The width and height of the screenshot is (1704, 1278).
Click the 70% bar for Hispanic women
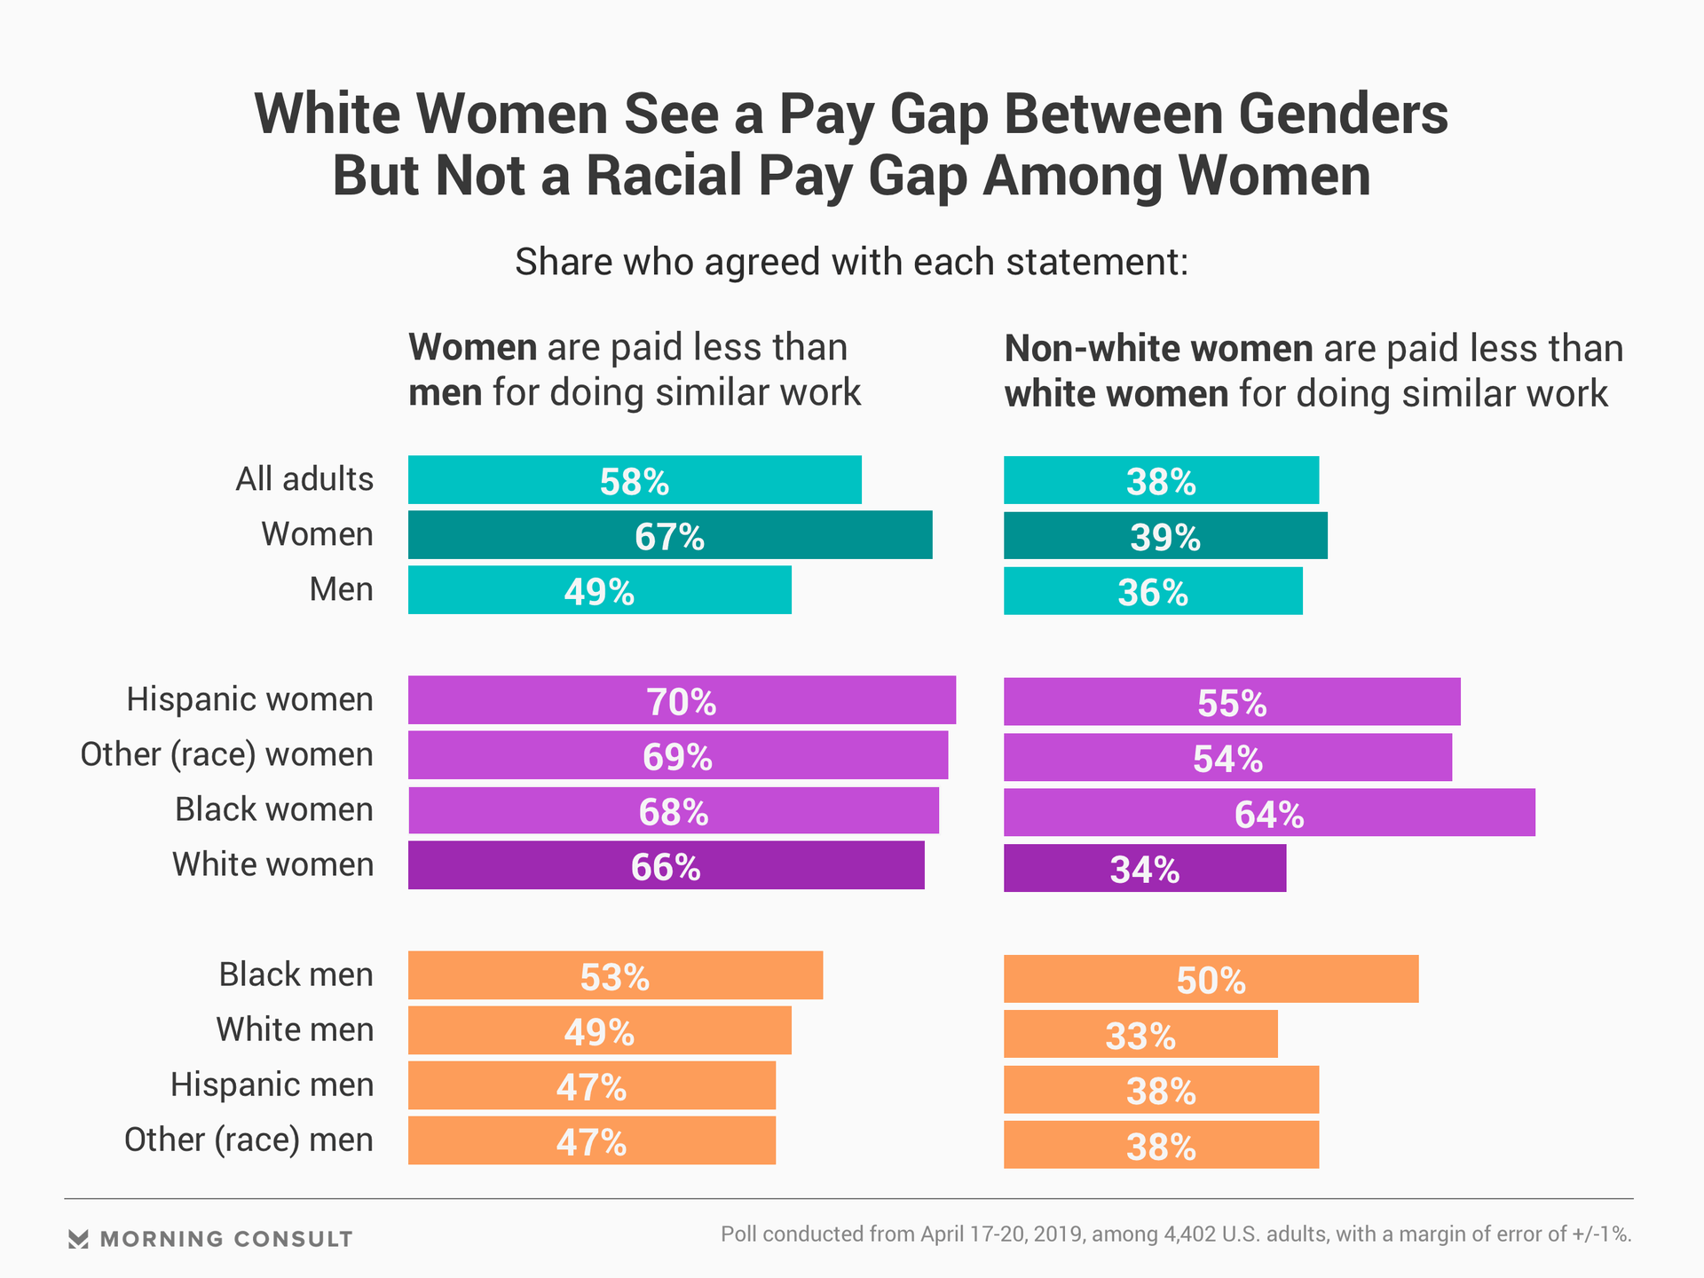point(682,700)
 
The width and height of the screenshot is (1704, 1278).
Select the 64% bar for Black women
point(1269,812)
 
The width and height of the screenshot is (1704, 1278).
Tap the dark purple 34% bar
point(1144,868)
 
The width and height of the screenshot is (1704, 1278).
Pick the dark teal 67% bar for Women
point(670,535)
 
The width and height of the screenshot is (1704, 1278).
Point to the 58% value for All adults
point(635,481)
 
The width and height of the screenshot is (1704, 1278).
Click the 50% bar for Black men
point(1211,979)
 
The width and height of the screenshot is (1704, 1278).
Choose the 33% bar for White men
point(1140,1034)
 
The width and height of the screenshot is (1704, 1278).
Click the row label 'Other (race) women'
point(226,754)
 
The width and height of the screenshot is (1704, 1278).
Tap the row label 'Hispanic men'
point(272,1085)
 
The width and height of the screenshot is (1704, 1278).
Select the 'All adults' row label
point(304,479)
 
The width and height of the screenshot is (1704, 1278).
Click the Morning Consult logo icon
point(78,1239)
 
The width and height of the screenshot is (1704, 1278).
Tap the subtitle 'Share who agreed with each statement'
point(851,263)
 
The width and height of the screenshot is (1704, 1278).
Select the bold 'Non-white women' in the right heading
point(1157,349)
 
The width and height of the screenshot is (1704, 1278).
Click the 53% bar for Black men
point(615,975)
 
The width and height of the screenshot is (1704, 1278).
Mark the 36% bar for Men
point(1153,591)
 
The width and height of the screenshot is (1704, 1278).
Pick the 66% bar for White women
point(666,865)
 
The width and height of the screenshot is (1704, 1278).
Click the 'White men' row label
point(295,1029)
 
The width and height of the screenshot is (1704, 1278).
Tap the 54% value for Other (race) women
point(1227,757)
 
